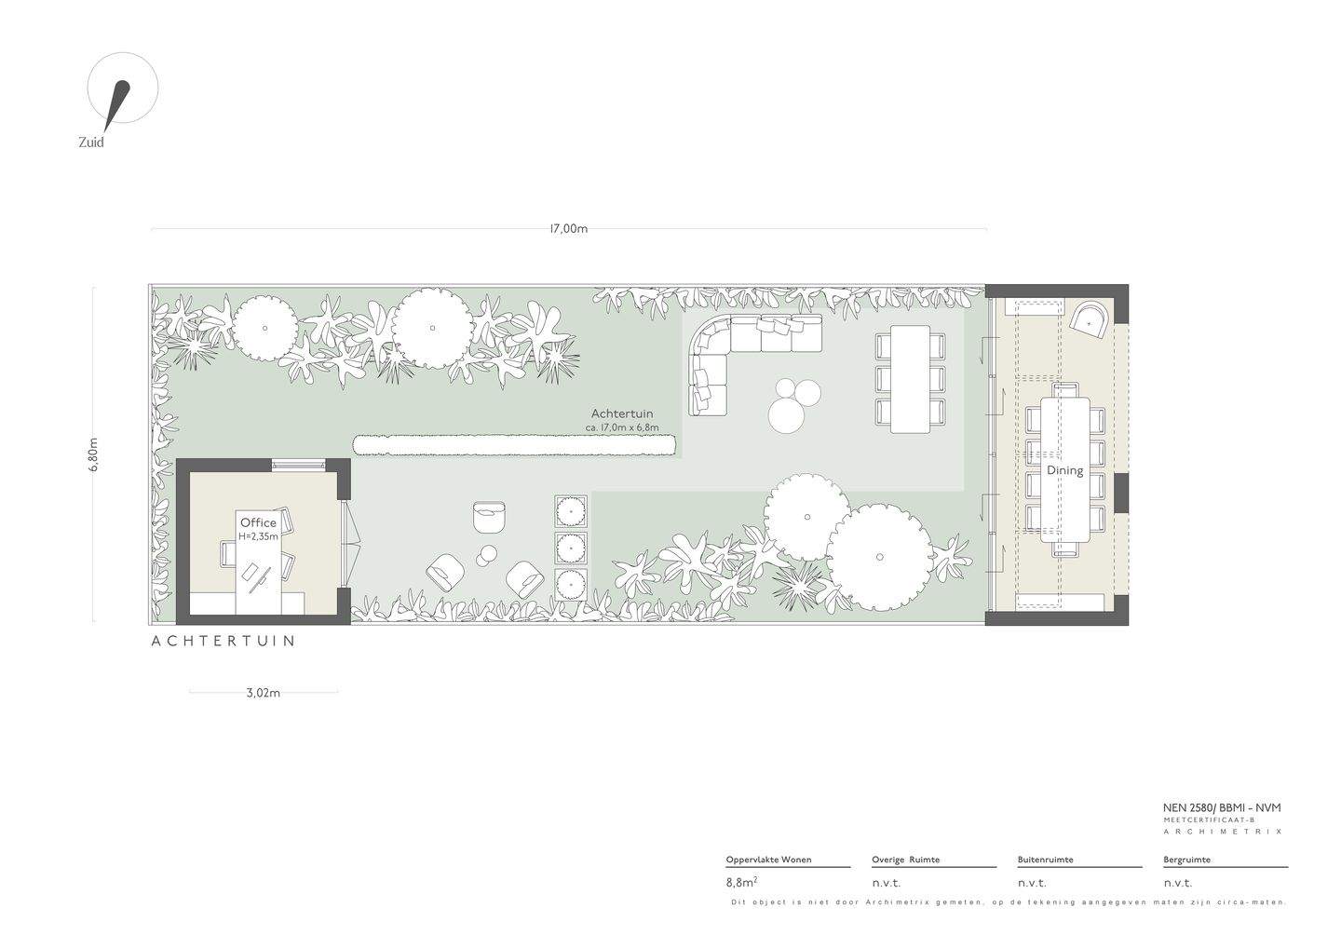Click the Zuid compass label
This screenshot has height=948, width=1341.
coord(91,142)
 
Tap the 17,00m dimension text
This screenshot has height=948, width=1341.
coord(569,229)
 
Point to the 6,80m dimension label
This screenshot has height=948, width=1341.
coord(93,454)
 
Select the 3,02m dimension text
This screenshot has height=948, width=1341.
coord(264,693)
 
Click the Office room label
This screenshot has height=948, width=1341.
coord(258,522)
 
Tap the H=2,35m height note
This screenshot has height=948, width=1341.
coord(259,536)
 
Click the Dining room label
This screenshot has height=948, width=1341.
coord(1065,471)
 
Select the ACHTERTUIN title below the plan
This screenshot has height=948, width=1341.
coord(223,641)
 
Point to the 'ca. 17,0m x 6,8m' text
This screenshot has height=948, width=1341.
coord(622,428)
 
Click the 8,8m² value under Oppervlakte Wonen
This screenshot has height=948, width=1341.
coord(741,882)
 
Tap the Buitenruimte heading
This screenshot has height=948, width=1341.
coord(1045,860)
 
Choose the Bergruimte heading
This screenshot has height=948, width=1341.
coord(1187,860)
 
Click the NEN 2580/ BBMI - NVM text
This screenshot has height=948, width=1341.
coord(1222,807)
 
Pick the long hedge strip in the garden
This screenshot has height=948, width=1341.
coord(515,446)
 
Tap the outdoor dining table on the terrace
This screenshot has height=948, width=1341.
coord(910,378)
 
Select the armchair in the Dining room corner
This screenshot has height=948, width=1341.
coord(1092,320)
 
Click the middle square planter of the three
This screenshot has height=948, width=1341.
coord(571,546)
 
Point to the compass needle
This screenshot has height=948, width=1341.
coord(117,105)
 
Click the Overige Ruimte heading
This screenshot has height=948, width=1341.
coord(906,860)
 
